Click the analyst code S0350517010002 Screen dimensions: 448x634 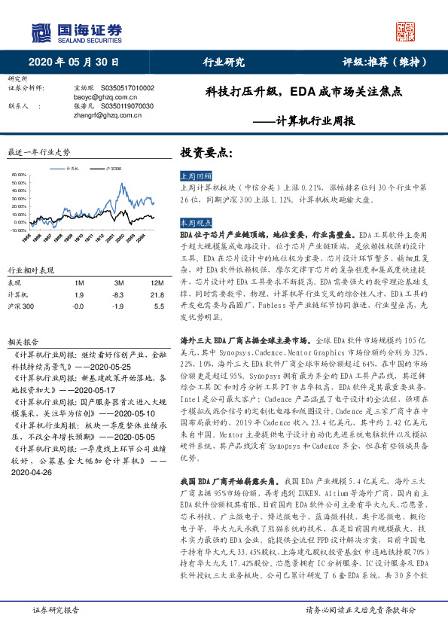[122, 88]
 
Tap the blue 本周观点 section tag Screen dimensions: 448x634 [194, 224]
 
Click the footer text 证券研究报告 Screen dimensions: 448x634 [55, 610]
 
